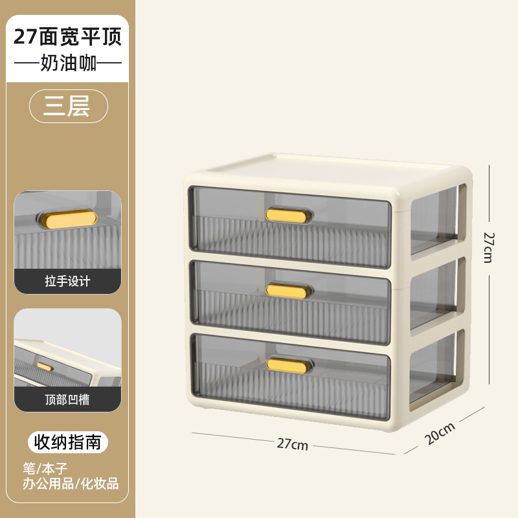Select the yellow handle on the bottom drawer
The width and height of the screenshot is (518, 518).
click(288, 365)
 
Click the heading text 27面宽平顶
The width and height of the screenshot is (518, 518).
click(67, 36)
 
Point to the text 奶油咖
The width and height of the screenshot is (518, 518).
click(67, 64)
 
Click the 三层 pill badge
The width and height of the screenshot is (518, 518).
click(67, 106)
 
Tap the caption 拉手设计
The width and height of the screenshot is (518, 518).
click(67, 281)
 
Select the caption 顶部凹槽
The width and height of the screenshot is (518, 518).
click(67, 400)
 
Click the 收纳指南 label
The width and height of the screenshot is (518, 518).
click(67, 442)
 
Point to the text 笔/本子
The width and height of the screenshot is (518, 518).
click(45, 467)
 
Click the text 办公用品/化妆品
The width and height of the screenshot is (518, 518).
click(71, 483)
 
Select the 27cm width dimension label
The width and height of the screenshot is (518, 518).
click(292, 444)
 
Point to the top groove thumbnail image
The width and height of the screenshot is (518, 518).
click(67, 350)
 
